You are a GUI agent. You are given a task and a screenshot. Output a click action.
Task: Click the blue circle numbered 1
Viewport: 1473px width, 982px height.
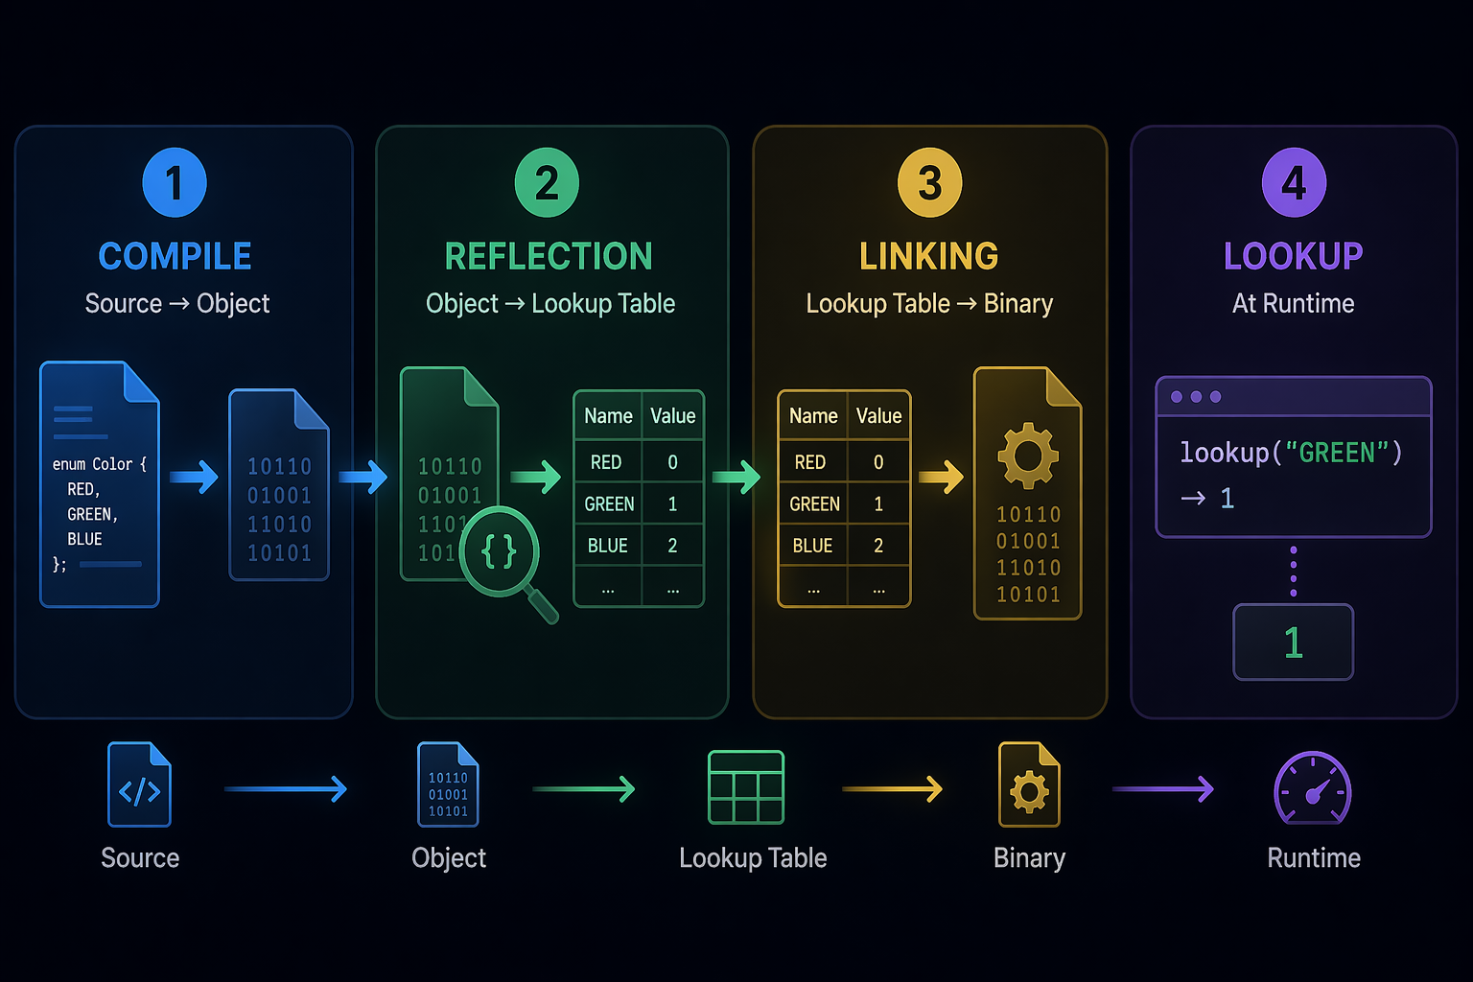click(175, 182)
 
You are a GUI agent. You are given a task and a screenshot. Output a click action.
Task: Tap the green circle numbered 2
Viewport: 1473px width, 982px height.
click(547, 182)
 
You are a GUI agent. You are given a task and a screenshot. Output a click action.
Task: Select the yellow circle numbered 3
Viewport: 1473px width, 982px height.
click(930, 182)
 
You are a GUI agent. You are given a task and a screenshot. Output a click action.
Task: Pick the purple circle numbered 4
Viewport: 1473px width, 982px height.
click(1294, 182)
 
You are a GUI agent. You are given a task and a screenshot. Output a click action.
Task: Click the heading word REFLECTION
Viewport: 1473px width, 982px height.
click(549, 256)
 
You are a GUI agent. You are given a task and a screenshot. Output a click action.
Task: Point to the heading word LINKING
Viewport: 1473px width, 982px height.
click(928, 256)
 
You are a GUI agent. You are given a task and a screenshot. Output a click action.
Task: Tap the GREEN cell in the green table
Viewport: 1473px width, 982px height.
click(608, 503)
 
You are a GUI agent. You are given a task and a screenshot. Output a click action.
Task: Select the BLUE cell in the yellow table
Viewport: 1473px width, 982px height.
click(813, 546)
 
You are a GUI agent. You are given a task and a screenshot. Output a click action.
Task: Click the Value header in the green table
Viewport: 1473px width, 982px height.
click(672, 415)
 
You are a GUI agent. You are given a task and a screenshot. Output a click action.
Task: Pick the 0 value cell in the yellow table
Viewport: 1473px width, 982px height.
click(878, 462)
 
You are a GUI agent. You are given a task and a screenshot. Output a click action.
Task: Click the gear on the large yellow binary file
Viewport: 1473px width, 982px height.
click(1028, 456)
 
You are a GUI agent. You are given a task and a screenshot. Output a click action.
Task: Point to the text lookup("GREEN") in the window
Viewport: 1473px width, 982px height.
click(1291, 453)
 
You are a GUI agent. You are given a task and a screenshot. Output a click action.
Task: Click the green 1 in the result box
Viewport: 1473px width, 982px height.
click(1294, 643)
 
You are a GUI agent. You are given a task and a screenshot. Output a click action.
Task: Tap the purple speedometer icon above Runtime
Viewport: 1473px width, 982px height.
click(1313, 788)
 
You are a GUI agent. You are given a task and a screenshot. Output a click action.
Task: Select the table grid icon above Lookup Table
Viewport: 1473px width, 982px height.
click(746, 787)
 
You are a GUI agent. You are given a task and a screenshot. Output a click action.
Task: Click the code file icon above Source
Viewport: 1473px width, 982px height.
click(139, 784)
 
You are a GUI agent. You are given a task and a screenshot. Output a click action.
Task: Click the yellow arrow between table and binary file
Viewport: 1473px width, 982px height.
click(941, 477)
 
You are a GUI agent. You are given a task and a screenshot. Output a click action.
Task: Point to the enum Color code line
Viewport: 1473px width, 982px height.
click(100, 464)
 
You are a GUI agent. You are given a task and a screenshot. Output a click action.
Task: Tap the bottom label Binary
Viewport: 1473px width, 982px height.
click(1029, 857)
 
